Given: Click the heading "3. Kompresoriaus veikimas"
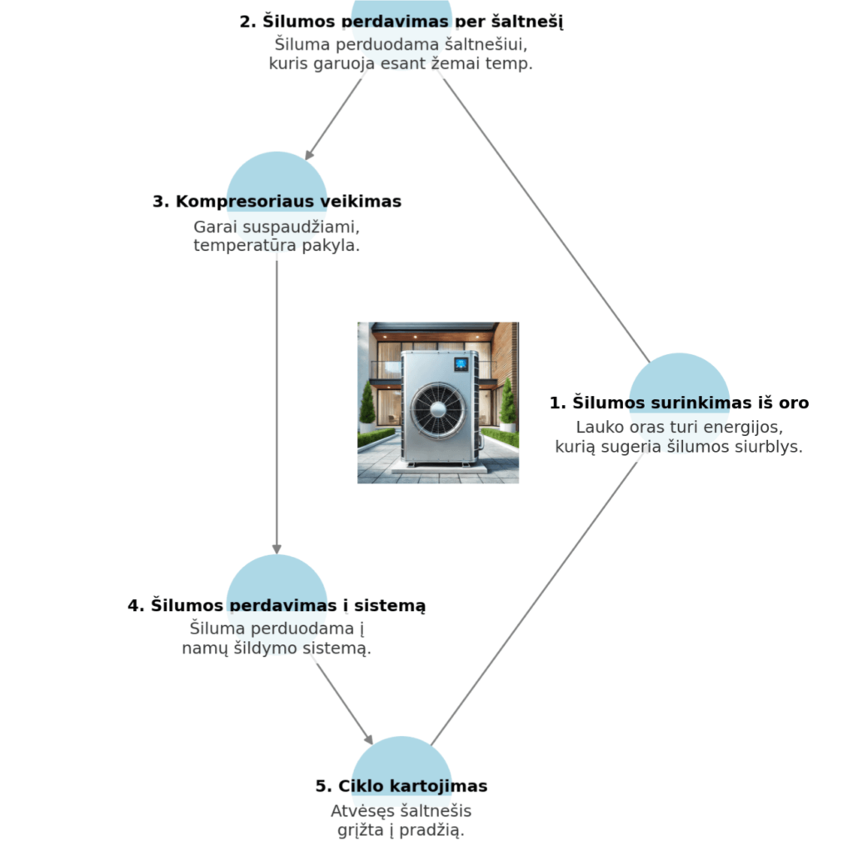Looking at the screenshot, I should pos(277,202).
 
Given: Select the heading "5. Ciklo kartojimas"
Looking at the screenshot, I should pos(402,786).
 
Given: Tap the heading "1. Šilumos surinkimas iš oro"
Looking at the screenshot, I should pos(679,403).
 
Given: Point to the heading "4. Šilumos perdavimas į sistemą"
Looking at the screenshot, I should pos(277,606).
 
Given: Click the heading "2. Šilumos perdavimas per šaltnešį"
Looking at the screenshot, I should pos(402,22).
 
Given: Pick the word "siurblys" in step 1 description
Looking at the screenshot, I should pos(774,447).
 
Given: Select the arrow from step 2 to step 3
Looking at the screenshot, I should pos(333,118).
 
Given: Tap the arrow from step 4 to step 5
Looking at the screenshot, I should pos(343,698).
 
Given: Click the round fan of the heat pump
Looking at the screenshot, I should pos(433,409).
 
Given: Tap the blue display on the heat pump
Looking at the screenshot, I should pos(461,364).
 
